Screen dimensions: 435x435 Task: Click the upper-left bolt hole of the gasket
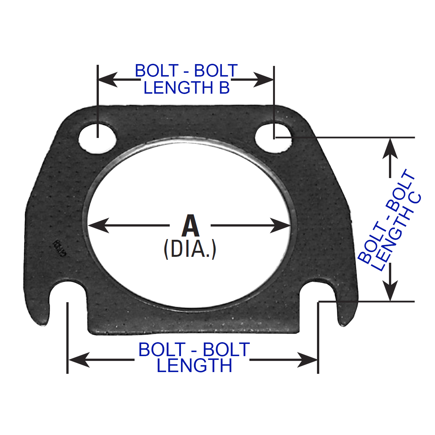coord(97,139)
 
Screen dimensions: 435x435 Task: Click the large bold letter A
coord(191,226)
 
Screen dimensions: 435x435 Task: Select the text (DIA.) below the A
coord(190,249)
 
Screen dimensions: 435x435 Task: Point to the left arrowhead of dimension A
coord(99,225)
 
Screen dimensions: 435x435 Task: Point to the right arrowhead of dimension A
coord(280,225)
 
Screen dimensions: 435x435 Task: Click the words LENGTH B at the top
coord(187,88)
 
